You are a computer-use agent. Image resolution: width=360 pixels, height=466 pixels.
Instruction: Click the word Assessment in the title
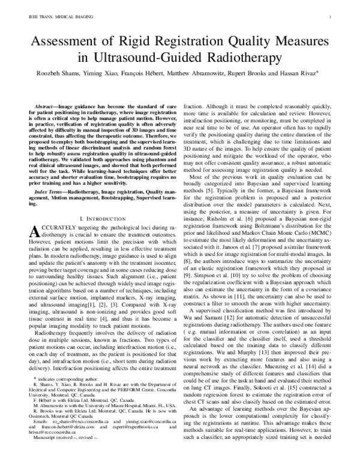(x=71, y=41)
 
